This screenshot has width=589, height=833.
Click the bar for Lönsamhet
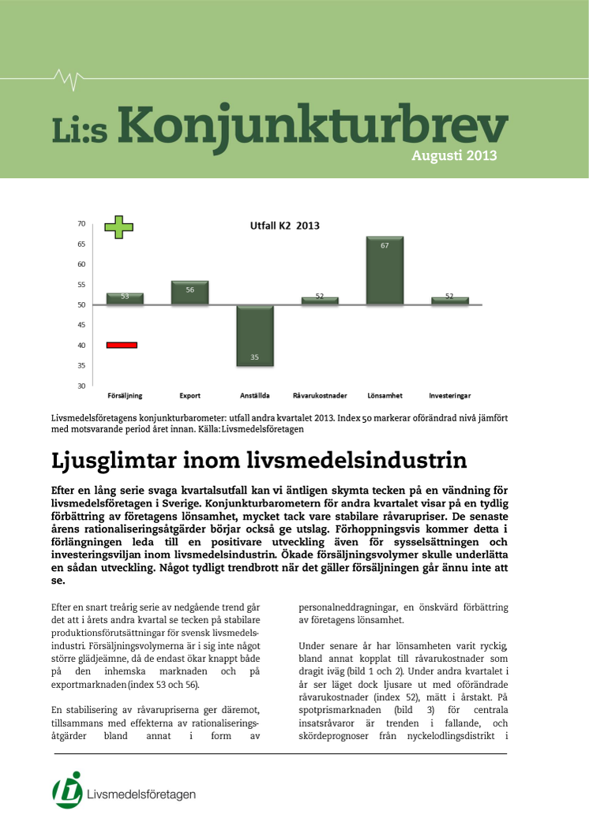(x=385, y=271)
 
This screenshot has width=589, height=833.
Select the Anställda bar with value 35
(x=255, y=335)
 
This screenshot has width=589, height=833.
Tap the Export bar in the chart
(x=189, y=293)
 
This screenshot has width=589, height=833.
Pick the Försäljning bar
(x=125, y=299)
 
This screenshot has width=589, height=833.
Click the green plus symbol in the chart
(x=119, y=226)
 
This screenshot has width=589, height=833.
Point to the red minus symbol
(x=122, y=345)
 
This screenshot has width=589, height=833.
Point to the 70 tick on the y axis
(x=81, y=224)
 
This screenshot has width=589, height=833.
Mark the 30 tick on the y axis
(x=81, y=386)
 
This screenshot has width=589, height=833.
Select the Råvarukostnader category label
(x=320, y=395)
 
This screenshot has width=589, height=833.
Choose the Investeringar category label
(x=449, y=395)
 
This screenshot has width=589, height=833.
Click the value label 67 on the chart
(x=385, y=245)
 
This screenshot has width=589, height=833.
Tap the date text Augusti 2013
(x=454, y=155)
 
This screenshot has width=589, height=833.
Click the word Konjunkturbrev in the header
(x=316, y=126)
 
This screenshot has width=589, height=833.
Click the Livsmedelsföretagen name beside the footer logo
(x=142, y=794)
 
